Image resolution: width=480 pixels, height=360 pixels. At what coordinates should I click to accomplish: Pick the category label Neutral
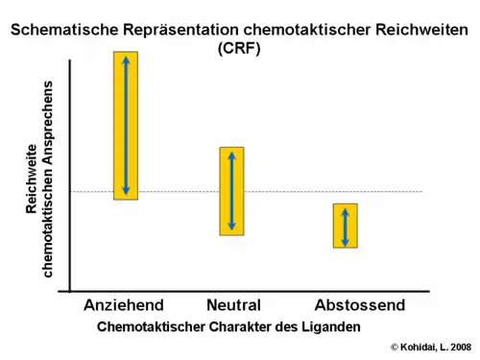(x=233, y=305)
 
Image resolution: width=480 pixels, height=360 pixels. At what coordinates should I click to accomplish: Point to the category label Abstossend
(x=360, y=305)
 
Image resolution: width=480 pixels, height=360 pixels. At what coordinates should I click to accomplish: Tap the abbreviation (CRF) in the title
(x=239, y=47)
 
